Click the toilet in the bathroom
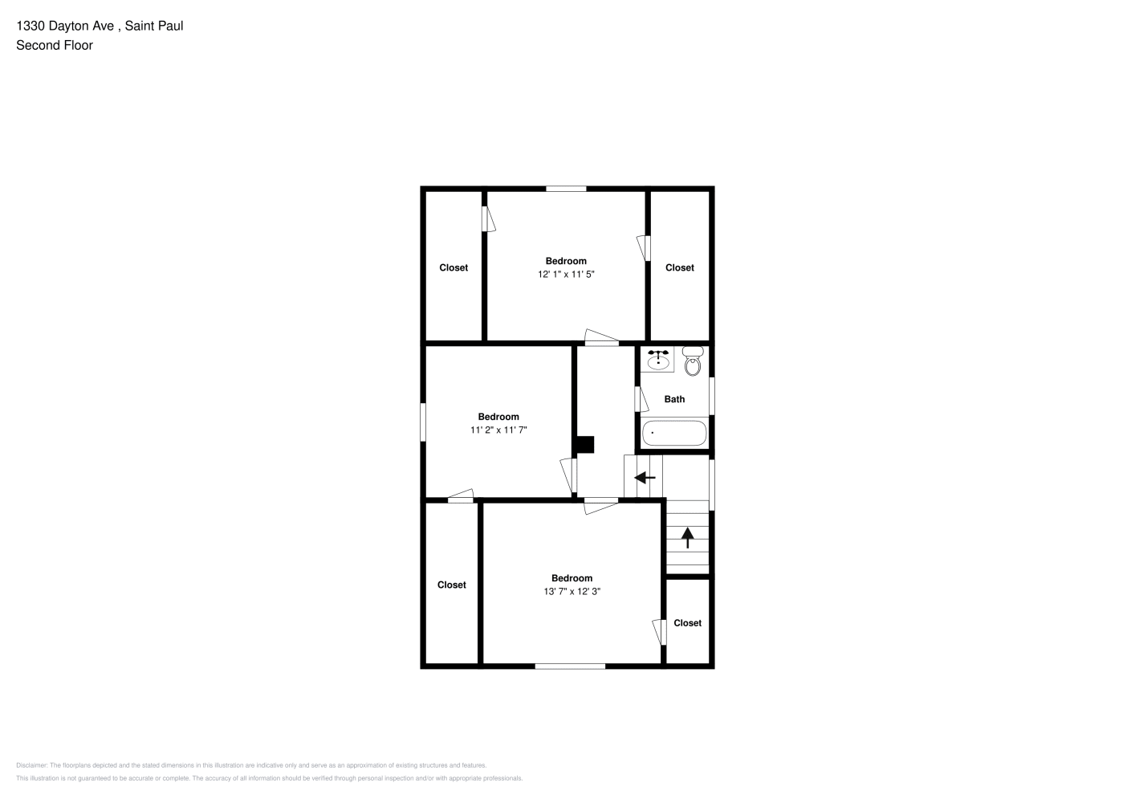pyautogui.click(x=693, y=361)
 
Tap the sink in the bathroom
pyautogui.click(x=657, y=360)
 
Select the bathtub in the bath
pyautogui.click(x=674, y=433)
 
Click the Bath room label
pyautogui.click(x=674, y=399)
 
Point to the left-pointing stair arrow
pyautogui.click(x=645, y=478)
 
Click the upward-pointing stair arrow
pyautogui.click(x=688, y=538)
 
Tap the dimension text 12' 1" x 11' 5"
pyautogui.click(x=566, y=275)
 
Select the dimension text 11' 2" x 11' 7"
pyautogui.click(x=498, y=430)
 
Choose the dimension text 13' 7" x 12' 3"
pyautogui.click(x=572, y=591)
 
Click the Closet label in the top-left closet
pyautogui.click(x=454, y=267)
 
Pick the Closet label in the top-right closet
pyautogui.click(x=680, y=267)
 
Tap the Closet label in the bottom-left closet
pyautogui.click(x=451, y=585)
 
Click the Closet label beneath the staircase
pyautogui.click(x=688, y=623)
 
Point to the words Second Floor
pyautogui.click(x=55, y=45)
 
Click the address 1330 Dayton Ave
pyautogui.click(x=65, y=26)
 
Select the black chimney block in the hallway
pyautogui.click(x=585, y=445)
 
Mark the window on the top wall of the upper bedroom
pyautogui.click(x=566, y=189)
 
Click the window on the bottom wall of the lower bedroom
pyautogui.click(x=570, y=666)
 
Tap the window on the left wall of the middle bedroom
pyautogui.click(x=423, y=422)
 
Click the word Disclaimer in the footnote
pyautogui.click(x=31, y=765)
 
